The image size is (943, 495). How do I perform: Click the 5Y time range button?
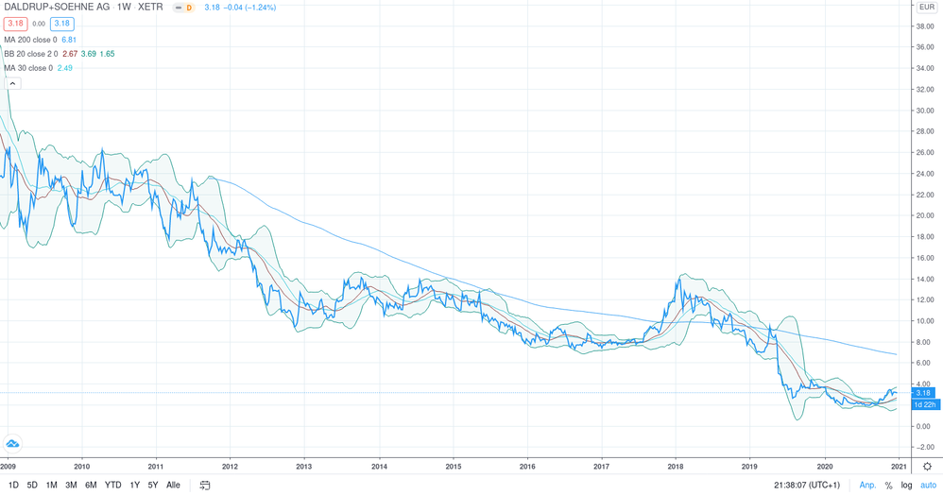[x=153, y=485]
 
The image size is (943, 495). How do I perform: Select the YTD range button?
[x=113, y=485]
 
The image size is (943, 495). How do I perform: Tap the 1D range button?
[x=13, y=485]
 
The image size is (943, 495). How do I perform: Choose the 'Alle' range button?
[x=173, y=485]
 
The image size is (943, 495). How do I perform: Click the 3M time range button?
[x=71, y=485]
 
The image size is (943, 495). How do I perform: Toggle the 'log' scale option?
[x=906, y=485]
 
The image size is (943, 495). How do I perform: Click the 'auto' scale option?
[x=928, y=485]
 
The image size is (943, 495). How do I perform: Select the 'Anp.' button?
[x=867, y=485]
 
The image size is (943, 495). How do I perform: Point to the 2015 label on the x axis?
[x=454, y=466]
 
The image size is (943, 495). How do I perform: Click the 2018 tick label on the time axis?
[x=676, y=466]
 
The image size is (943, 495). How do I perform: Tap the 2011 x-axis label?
[x=156, y=466]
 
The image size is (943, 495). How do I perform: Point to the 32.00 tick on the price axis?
[x=925, y=90]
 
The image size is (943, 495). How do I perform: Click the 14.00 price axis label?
[x=925, y=279]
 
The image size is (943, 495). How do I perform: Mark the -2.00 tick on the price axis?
[x=925, y=447]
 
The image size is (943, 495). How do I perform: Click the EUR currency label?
[x=927, y=8]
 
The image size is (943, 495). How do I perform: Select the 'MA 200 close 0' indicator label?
[x=30, y=40]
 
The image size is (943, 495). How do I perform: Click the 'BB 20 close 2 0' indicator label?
[x=31, y=54]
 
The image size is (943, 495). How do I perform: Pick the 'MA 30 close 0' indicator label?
[x=28, y=68]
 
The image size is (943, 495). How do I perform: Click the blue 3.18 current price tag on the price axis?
[x=925, y=393]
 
